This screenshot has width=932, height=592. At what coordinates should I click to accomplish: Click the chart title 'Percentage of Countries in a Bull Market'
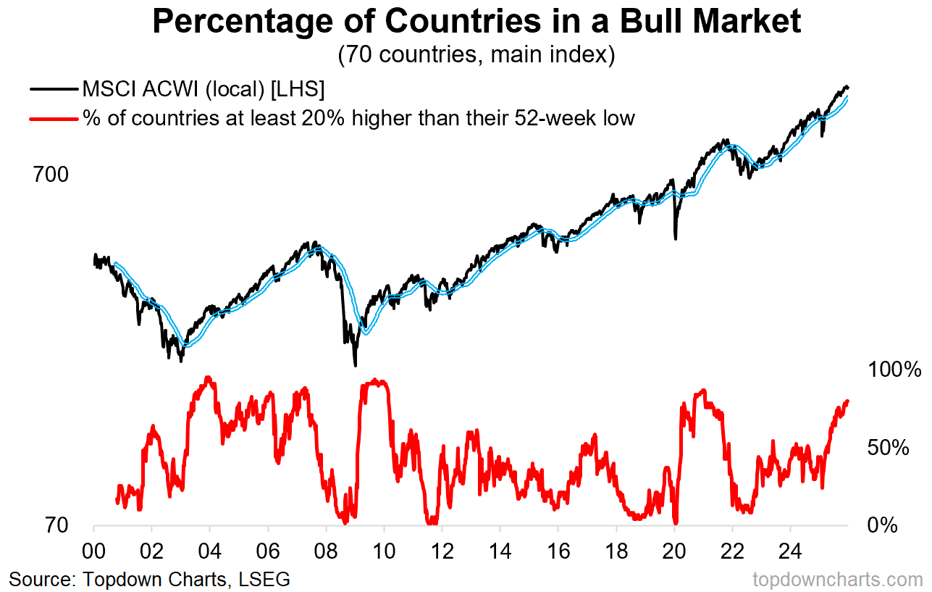coord(477,22)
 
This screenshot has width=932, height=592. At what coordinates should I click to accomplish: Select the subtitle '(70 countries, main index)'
coord(476,55)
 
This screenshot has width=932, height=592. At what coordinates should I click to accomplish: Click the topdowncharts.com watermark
coord(838,579)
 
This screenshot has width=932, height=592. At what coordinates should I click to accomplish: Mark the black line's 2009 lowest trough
coord(355,364)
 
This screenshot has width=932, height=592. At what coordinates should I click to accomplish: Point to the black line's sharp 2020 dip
coord(675,237)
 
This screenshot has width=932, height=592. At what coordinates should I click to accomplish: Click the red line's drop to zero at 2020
coord(675,522)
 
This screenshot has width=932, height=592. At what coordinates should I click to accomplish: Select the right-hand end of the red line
coord(847,401)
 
